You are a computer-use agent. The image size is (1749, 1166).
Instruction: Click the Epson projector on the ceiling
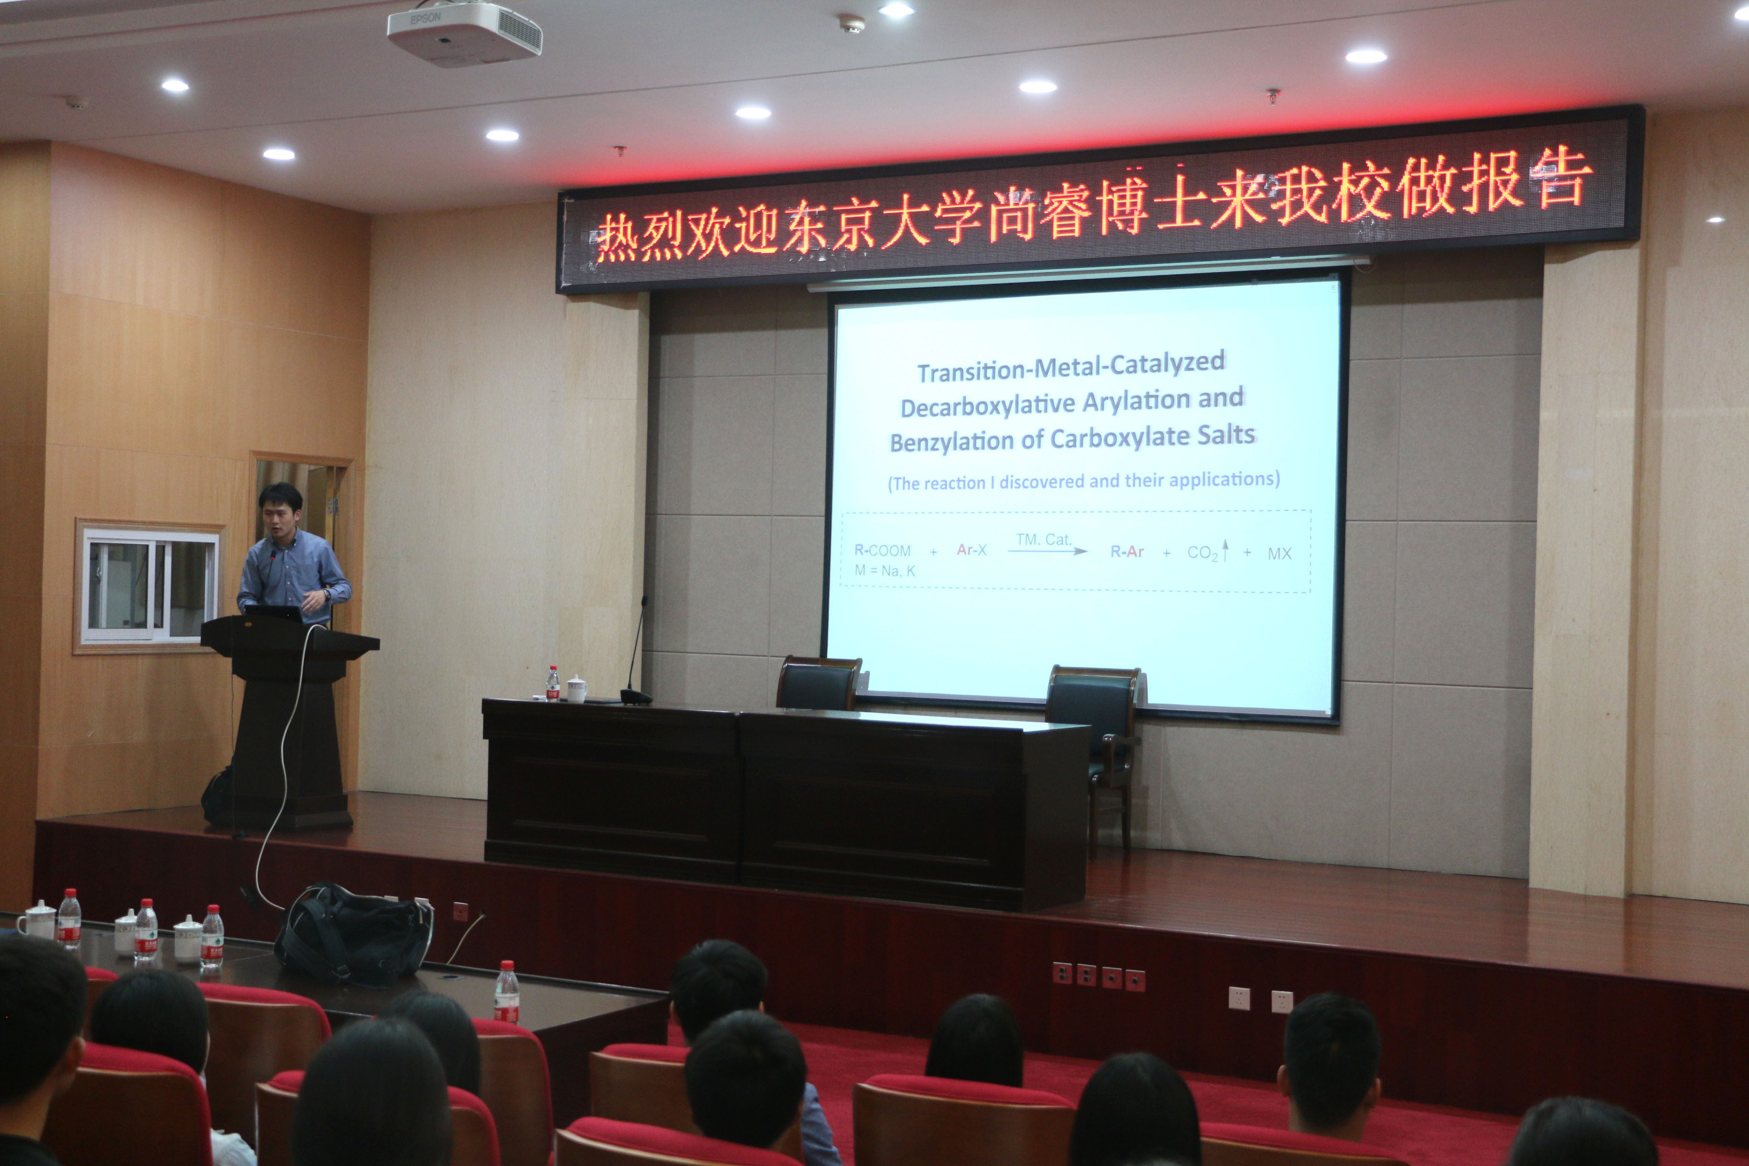[464, 33]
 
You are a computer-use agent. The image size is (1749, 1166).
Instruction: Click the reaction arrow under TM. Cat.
[1048, 551]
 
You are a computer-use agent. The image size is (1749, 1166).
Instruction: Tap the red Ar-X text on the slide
[971, 550]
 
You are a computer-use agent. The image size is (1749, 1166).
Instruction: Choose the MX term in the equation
[1280, 553]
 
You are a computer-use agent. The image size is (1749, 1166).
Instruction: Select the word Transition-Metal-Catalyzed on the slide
[1071, 367]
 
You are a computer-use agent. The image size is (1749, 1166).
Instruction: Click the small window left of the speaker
[150, 586]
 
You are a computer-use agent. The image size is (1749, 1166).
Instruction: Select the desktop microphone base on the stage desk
[636, 697]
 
